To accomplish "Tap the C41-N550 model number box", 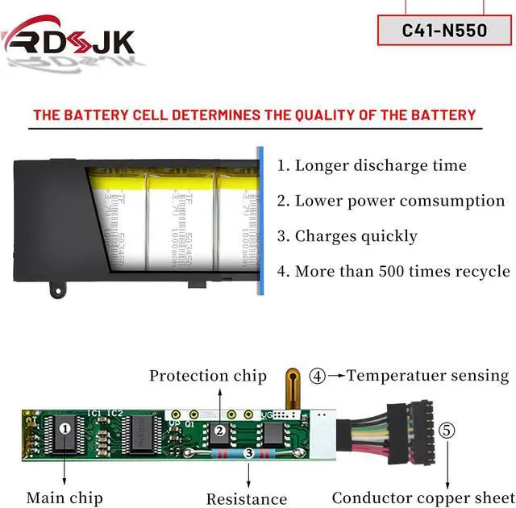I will (444, 31).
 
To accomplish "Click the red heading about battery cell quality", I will (254, 115).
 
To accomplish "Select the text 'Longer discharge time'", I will (372, 166).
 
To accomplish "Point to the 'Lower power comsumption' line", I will (391, 201).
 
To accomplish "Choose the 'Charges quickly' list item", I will (347, 236).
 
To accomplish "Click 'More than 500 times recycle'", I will (393, 271).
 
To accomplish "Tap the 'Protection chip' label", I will (207, 376).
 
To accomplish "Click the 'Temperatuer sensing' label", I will (427, 375).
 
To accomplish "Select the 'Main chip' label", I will (64, 498).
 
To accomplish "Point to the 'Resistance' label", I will (247, 499).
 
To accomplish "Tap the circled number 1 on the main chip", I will (64, 429).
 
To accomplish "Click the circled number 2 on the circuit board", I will (219, 431).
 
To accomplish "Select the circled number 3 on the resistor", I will (249, 455).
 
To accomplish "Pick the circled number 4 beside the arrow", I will (318, 376).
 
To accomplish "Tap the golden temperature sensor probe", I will (293, 391).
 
